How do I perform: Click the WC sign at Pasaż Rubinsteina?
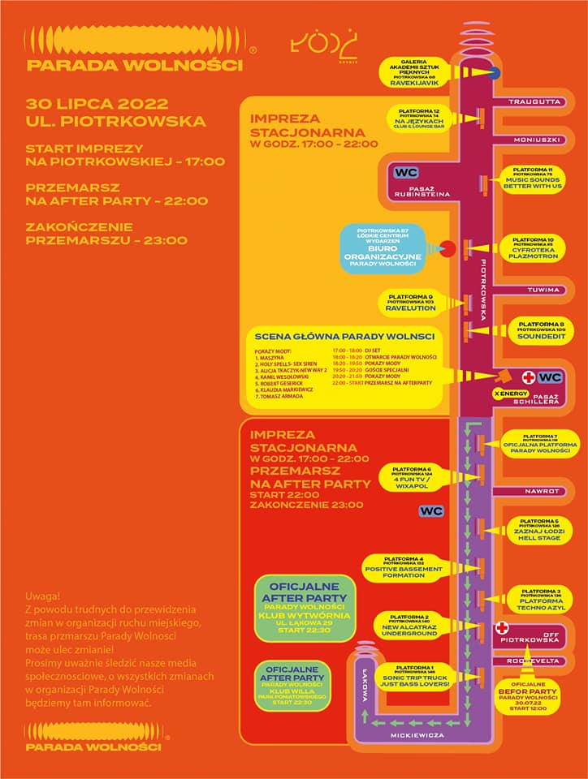(x=405, y=173)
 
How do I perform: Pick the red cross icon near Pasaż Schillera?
(x=529, y=377)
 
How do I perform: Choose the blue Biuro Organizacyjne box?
(x=392, y=248)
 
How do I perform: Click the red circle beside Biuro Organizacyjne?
(x=446, y=248)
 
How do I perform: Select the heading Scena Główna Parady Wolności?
(x=344, y=337)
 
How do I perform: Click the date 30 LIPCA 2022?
(x=97, y=104)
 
